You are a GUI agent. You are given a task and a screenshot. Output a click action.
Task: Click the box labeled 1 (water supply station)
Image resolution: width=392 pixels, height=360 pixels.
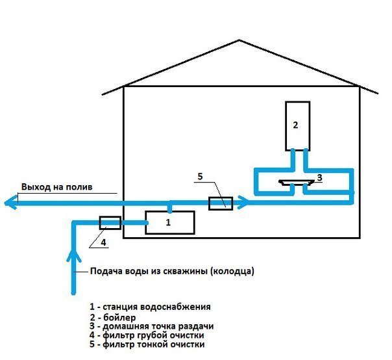(170, 222)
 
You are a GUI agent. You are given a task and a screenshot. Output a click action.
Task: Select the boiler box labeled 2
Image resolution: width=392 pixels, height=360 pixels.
(298, 126)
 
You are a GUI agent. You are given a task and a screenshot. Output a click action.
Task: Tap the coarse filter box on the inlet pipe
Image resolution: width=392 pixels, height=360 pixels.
(110, 223)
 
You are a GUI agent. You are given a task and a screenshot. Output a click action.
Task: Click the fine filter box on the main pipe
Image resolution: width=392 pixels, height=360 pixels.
(221, 203)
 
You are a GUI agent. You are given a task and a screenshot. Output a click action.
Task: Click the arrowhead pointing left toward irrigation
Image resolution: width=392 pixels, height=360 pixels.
(11, 202)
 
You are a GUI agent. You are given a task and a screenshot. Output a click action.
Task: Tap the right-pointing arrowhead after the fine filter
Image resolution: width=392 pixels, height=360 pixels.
(243, 202)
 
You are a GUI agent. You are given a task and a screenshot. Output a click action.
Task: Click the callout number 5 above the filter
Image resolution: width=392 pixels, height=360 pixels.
(200, 177)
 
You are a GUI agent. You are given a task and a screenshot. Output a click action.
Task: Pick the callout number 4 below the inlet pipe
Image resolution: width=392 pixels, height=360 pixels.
(103, 242)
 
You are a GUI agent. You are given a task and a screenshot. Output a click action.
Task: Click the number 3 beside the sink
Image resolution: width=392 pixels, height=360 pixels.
(319, 177)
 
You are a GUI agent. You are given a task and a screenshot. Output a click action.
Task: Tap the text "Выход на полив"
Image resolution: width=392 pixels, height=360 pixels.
(56, 187)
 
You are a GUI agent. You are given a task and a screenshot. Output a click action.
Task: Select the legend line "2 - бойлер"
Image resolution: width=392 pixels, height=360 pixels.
(113, 318)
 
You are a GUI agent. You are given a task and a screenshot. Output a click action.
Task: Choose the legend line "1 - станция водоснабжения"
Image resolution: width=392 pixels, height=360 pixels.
(151, 307)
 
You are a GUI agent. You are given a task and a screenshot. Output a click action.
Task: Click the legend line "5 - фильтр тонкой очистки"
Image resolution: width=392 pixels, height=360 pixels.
(147, 344)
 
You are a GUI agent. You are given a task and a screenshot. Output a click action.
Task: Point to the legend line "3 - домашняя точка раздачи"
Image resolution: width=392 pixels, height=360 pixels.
(152, 326)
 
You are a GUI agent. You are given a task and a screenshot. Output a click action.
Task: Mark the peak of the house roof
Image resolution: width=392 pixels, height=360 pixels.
(239, 40)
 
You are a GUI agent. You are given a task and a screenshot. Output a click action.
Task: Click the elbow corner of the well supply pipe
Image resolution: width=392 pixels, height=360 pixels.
(74, 223)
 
